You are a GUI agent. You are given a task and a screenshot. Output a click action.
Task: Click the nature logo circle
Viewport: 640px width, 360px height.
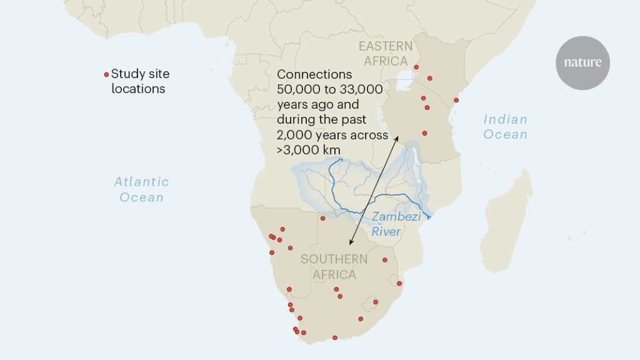click(x=582, y=62)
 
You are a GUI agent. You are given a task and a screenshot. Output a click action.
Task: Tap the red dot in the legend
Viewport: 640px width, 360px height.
click(x=106, y=74)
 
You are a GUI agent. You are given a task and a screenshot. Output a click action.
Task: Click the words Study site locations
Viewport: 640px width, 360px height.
click(x=139, y=81)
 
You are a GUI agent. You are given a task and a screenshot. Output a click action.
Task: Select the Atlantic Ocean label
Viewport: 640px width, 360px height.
click(x=141, y=189)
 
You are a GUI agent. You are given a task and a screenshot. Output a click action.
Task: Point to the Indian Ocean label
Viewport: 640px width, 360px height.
click(x=505, y=126)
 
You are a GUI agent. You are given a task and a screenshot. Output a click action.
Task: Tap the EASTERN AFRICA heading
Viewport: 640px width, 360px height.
click(x=385, y=53)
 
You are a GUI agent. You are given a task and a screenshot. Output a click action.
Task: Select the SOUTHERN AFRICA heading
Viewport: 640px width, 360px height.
click(x=334, y=267)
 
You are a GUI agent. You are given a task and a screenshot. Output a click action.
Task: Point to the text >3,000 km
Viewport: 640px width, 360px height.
click(x=309, y=149)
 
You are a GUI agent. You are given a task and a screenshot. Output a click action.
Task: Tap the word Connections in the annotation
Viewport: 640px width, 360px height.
click(x=314, y=74)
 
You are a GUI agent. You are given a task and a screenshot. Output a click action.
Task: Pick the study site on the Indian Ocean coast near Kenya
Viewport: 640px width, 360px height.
click(x=456, y=100)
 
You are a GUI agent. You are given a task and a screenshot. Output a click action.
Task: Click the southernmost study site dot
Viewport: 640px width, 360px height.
click(x=335, y=337)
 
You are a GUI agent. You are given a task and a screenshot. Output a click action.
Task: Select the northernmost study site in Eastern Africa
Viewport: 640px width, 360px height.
click(x=416, y=67)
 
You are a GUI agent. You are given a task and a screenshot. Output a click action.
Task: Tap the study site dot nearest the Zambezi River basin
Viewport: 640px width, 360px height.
click(x=323, y=218)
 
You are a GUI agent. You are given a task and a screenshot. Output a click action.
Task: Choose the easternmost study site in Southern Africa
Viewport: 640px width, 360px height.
click(x=399, y=283)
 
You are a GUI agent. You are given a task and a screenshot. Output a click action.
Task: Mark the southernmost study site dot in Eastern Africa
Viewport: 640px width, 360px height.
click(x=425, y=133)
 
